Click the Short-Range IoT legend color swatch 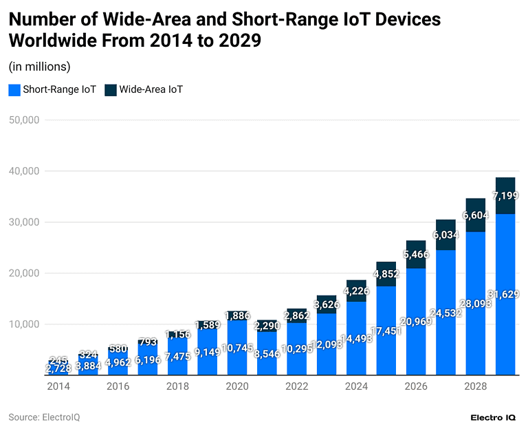coord(14,89)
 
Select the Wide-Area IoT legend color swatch coord(110,89)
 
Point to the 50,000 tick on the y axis coord(25,120)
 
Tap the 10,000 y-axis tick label coord(25,324)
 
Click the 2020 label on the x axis coord(237,386)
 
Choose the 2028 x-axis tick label coord(475,386)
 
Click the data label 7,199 coord(505,197)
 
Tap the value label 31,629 coord(505,294)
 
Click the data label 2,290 coord(267,326)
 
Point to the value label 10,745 coord(237,348)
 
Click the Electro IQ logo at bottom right coord(493,417)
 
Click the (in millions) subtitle coord(39,67)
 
